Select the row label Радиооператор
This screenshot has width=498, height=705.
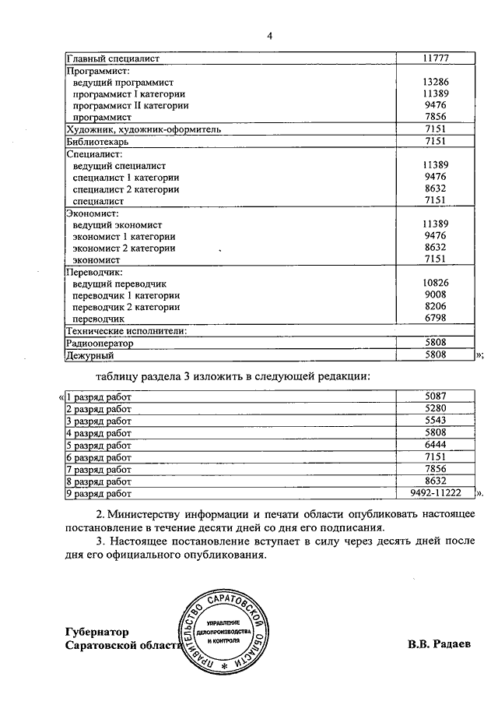100,343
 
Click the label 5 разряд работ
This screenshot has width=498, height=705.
99,445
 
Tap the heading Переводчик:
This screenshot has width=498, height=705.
95,272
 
